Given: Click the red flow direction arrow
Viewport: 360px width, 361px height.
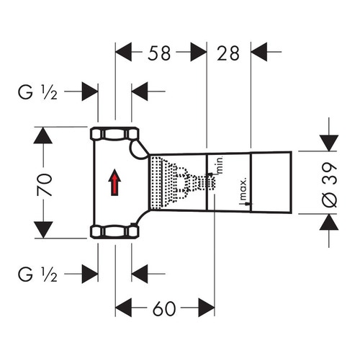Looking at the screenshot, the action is point(114,182).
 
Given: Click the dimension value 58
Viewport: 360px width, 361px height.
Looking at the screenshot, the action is point(159,53).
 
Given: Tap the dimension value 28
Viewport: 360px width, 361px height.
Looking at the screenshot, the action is point(228,53).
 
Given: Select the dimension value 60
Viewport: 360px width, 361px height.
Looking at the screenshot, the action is point(164,308).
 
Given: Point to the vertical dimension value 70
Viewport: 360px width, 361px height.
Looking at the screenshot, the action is point(45,184).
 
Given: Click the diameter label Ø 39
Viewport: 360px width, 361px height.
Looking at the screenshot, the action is point(329,184).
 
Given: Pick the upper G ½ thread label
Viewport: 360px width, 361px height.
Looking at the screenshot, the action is point(37,92).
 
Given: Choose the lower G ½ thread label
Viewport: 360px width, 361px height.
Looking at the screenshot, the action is point(37,275).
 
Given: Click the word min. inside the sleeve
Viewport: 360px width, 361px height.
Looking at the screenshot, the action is point(220,165).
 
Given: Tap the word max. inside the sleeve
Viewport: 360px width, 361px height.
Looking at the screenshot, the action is point(243,189).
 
